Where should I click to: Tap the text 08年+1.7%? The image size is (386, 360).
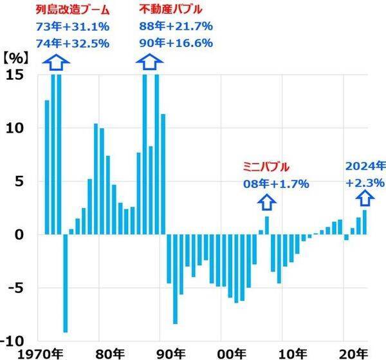(275, 184)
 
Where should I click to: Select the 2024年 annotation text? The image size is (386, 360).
(363, 167)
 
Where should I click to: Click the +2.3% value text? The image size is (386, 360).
(363, 183)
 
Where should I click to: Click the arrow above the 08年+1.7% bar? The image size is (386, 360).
(267, 202)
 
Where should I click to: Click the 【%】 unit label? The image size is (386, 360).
(12, 56)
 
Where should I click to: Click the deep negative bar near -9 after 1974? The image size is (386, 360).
(65, 283)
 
